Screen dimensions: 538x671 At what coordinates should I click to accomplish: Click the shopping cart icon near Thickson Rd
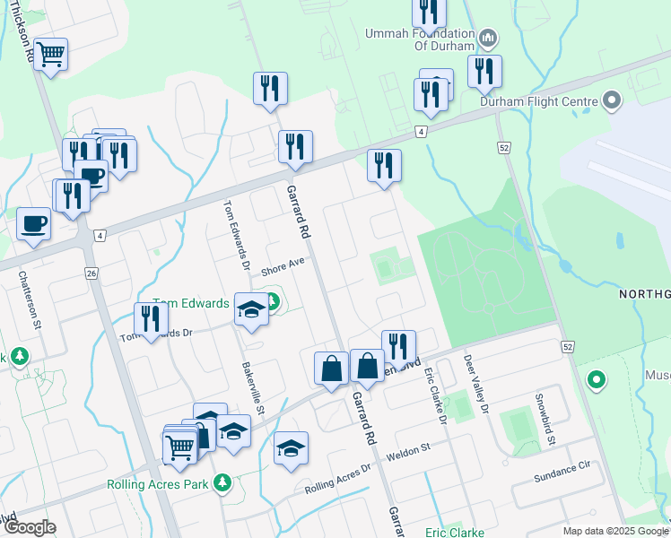click(51, 56)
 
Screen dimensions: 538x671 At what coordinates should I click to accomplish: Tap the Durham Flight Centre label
click(538, 101)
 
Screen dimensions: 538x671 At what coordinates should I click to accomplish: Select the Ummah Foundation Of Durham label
click(418, 39)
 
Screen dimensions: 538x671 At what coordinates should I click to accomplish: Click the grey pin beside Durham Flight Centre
click(613, 100)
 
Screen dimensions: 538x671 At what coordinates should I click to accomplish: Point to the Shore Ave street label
click(283, 266)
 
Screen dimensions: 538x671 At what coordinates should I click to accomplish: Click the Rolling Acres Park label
click(158, 484)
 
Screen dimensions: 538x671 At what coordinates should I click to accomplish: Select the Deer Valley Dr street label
click(475, 384)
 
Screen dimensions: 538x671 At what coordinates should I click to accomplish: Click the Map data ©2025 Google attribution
click(614, 531)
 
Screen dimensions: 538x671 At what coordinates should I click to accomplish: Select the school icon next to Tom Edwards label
click(252, 308)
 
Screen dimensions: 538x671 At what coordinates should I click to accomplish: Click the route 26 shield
click(91, 272)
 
